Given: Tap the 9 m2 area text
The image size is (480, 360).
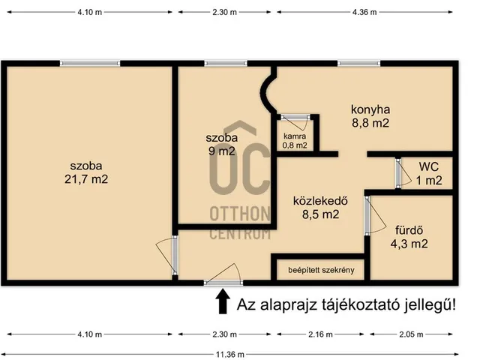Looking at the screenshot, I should (222, 151).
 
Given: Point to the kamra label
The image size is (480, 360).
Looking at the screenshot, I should (295, 136).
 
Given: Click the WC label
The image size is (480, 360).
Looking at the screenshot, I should (428, 166).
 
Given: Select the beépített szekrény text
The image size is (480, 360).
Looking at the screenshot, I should (322, 269).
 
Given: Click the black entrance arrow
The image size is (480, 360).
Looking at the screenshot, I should (223, 301).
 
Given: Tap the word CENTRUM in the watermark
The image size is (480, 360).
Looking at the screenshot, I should (240, 235).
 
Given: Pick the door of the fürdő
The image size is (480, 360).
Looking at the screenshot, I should (367, 216).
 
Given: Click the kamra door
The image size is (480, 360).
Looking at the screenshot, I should (294, 116).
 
